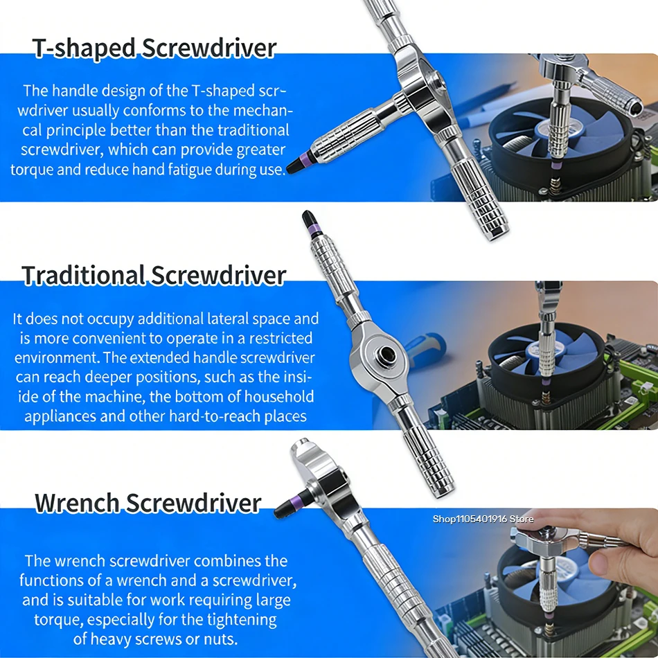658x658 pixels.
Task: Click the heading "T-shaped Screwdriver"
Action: click(x=154, y=48)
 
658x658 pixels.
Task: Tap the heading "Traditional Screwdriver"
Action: click(x=154, y=276)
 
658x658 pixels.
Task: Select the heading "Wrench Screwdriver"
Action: click(x=148, y=503)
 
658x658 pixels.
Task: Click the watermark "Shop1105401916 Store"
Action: click(x=483, y=519)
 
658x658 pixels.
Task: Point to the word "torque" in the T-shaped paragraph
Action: click(x=32, y=170)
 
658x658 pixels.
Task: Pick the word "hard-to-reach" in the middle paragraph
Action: click(x=213, y=416)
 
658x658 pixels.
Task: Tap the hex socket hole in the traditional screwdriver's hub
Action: click(x=385, y=356)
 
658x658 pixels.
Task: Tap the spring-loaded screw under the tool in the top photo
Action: click(x=555, y=185)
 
